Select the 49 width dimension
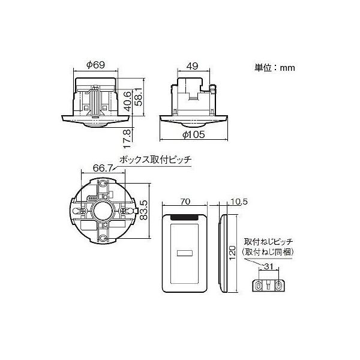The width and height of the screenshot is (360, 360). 193,65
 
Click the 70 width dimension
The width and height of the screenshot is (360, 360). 186,202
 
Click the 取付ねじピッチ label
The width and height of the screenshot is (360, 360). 268,242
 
